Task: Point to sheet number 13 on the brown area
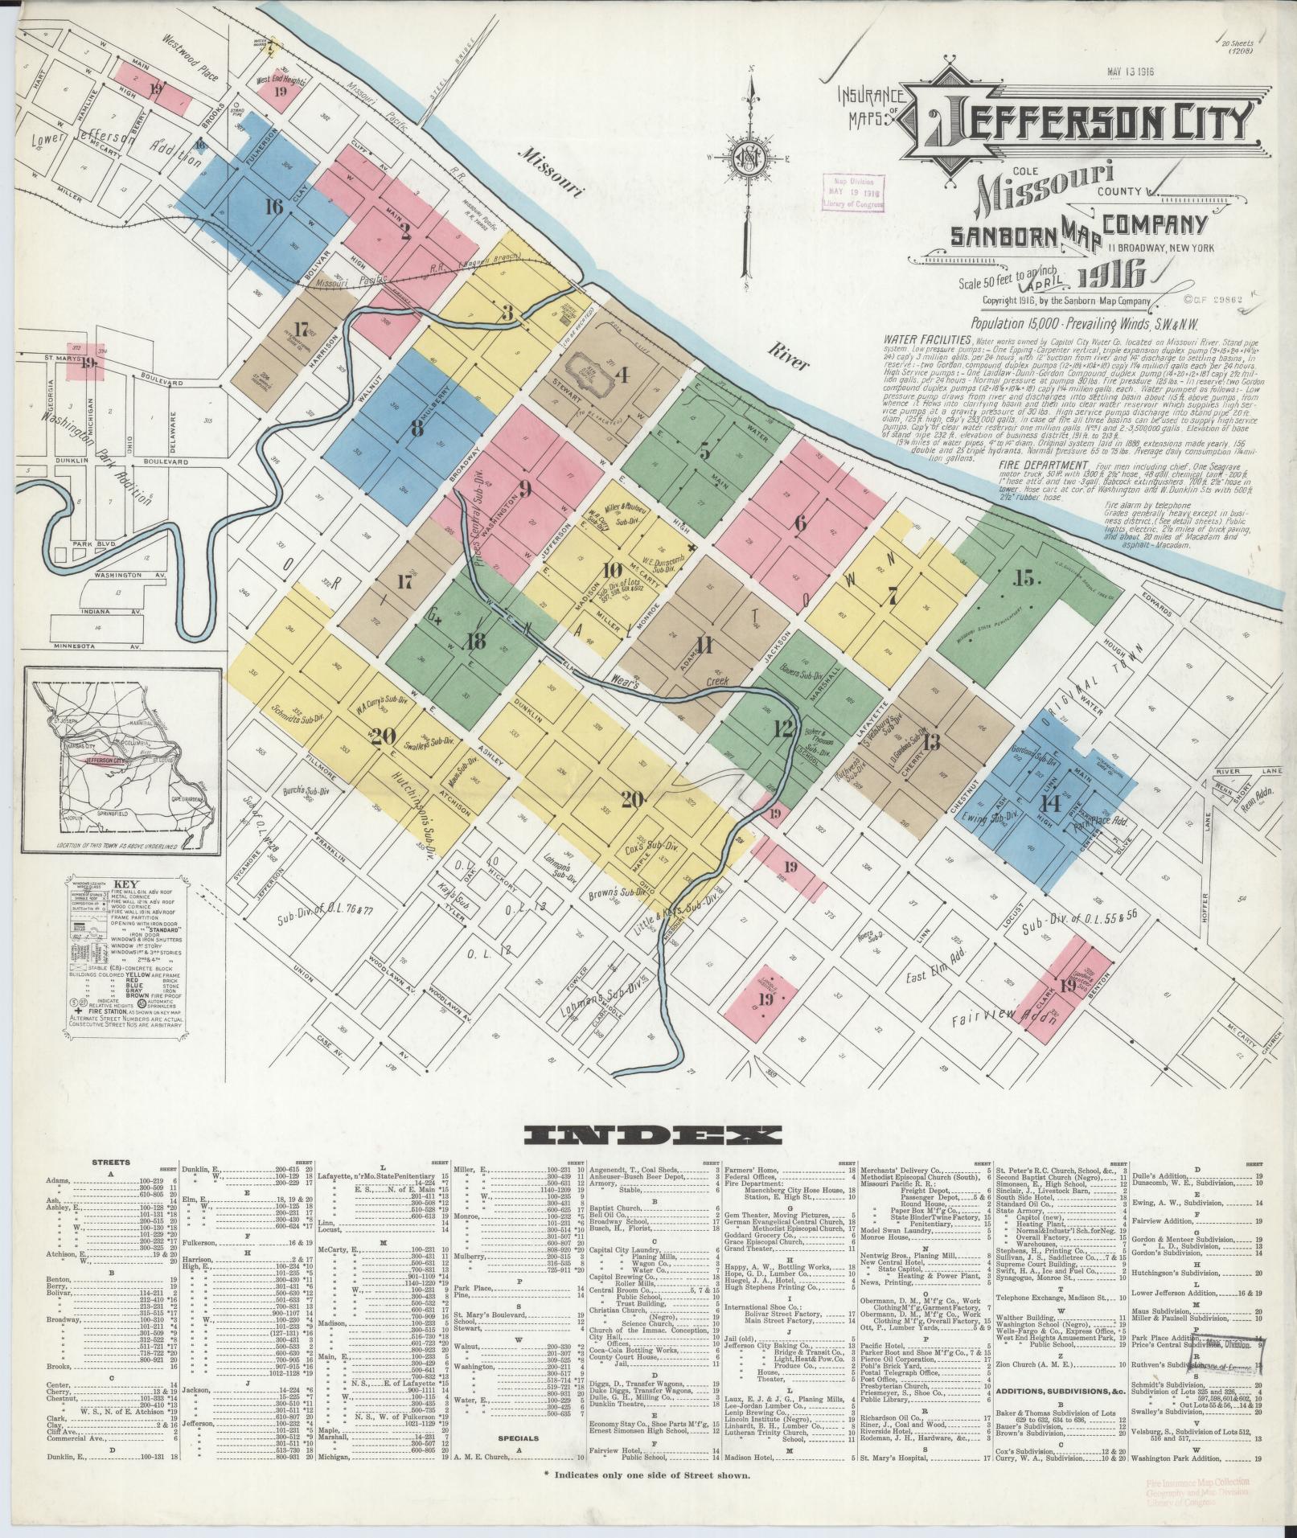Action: [x=931, y=741]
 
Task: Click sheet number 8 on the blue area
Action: [x=417, y=428]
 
